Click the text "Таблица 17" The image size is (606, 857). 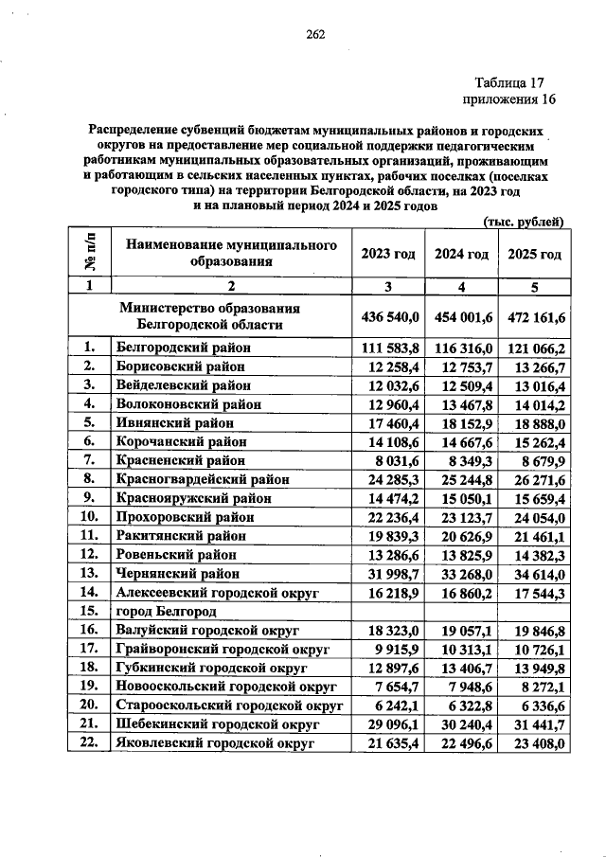509,82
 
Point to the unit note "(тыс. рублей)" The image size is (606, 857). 525,222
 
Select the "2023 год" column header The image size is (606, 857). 388,254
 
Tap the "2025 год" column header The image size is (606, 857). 535,254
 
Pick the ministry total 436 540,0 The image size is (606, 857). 388,316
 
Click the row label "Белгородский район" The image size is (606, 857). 183,348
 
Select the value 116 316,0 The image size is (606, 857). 461,348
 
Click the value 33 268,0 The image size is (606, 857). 461,573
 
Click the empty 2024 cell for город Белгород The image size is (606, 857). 461,611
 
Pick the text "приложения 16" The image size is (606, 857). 503,99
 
